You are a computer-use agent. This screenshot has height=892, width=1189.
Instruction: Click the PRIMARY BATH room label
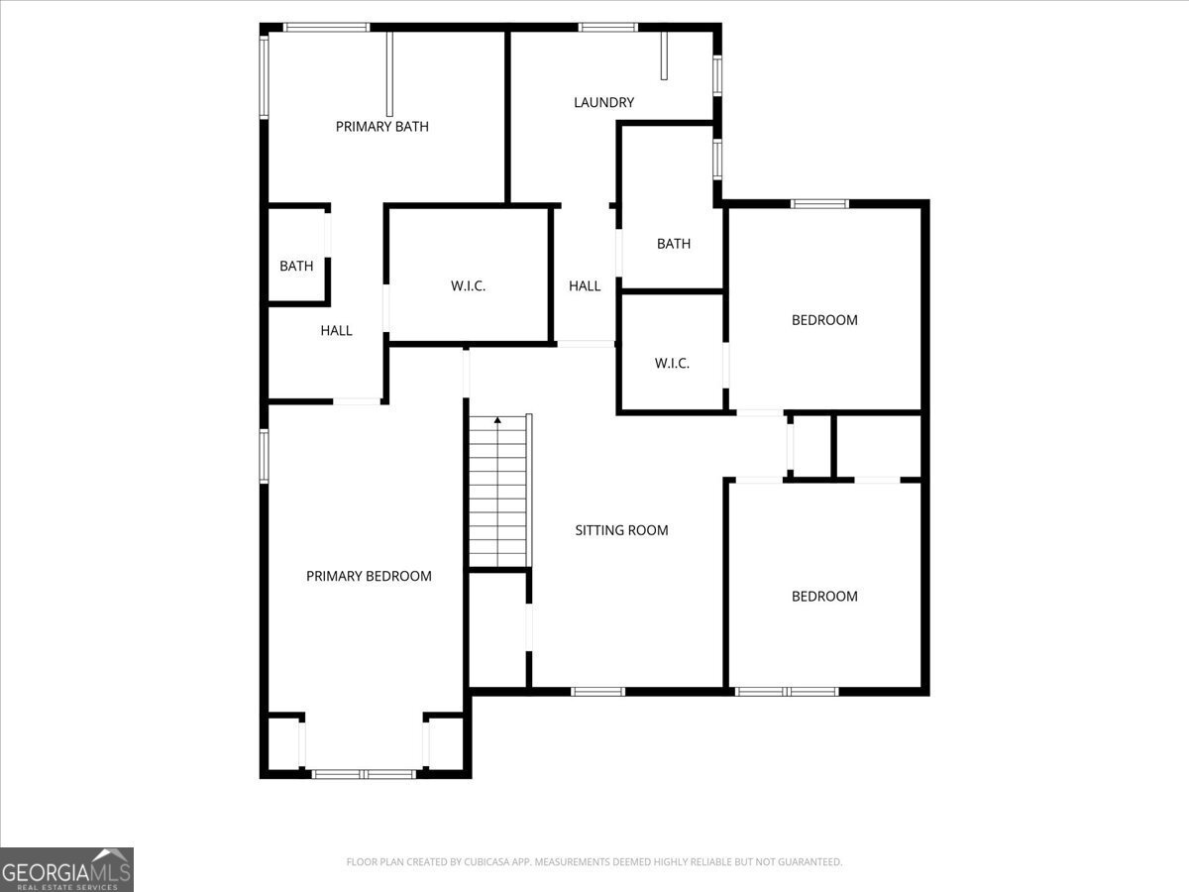coord(381,127)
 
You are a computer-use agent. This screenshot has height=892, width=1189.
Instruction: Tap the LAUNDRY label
coord(604,102)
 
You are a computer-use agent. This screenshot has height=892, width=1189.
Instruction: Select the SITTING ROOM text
coord(621,530)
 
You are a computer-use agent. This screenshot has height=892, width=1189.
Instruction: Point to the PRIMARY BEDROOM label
coord(369,576)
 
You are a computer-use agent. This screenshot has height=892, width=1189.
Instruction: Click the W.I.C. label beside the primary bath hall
coord(468,286)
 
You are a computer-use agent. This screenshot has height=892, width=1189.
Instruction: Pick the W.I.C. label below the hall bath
coord(672,364)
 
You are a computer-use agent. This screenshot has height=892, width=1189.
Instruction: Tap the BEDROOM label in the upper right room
coord(824,320)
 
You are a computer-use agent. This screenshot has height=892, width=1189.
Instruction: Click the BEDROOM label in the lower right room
coord(824,597)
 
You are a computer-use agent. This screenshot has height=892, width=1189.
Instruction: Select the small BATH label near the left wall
coord(296,266)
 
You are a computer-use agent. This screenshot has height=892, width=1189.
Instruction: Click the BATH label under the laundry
coord(674,244)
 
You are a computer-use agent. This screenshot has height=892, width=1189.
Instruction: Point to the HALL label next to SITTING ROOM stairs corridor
coord(585,286)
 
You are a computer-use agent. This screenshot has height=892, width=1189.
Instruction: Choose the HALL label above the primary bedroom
coord(336,330)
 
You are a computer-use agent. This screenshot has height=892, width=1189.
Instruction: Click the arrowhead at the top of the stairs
coord(497,419)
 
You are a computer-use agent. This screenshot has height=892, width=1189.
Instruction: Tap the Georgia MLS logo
coord(66,869)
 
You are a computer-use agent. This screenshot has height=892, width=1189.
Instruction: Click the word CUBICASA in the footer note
coord(485,861)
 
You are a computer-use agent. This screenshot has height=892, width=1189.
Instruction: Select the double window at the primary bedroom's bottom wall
coord(364,774)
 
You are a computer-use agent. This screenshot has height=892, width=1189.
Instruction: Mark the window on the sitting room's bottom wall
coord(598,692)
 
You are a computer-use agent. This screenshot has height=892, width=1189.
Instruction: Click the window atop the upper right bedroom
coord(819,204)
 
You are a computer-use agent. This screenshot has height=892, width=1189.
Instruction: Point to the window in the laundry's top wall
coord(607,27)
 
